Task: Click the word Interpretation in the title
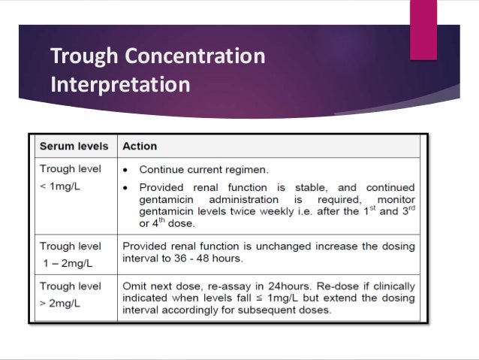[120, 83]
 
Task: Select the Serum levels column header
[74, 146]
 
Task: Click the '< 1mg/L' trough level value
[61, 184]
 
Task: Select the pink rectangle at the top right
[423, 29]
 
